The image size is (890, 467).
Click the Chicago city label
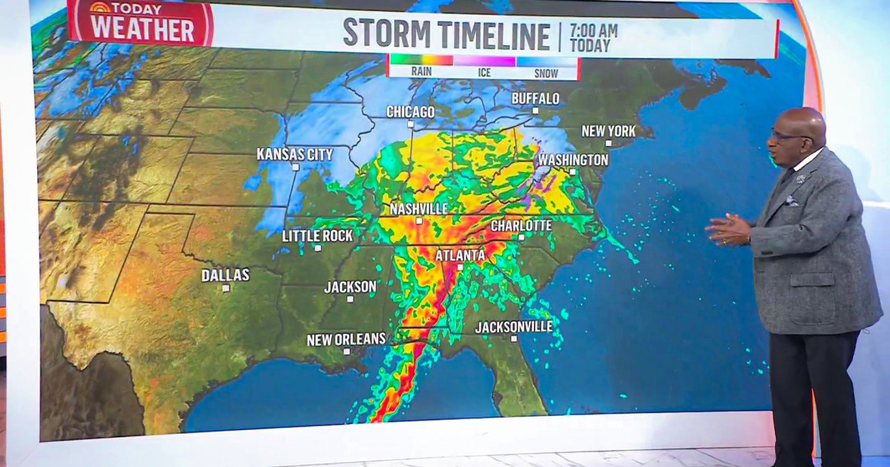(410, 112)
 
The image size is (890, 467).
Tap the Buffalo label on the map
(535, 99)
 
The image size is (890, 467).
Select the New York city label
(608, 131)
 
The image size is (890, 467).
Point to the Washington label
(573, 160)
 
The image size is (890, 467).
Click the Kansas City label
(294, 155)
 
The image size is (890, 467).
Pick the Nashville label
(418, 209)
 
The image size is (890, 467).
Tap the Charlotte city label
(521, 225)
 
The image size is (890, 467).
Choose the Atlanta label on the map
(460, 256)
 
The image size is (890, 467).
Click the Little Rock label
(317, 236)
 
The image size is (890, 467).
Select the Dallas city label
(225, 276)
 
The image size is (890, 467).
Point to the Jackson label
(350, 287)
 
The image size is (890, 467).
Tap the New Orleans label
(346, 340)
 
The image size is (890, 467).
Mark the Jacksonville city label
(514, 327)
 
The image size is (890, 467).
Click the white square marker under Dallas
(225, 288)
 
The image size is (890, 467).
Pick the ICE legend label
(484, 73)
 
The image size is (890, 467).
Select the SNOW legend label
(546, 73)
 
